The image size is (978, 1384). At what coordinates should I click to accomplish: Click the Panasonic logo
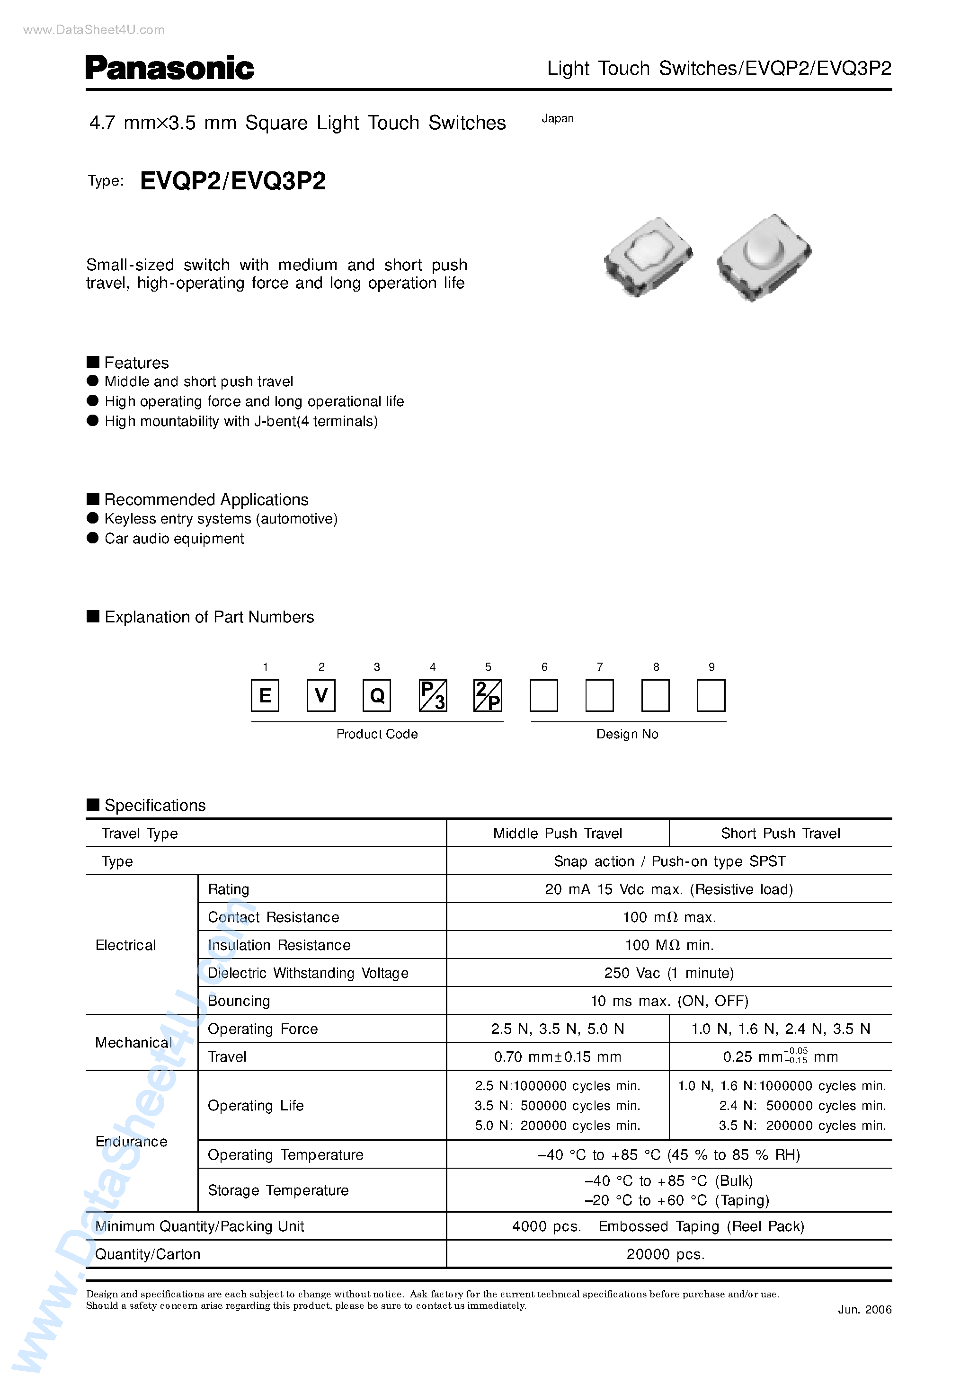pyautogui.click(x=169, y=68)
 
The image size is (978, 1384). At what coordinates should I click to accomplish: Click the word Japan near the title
pyautogui.click(x=557, y=119)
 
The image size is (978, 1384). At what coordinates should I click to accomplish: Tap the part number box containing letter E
pyautogui.click(x=265, y=696)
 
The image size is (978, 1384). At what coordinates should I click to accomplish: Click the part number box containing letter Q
pyautogui.click(x=377, y=696)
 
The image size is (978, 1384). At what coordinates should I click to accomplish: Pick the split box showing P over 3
pyautogui.click(x=432, y=696)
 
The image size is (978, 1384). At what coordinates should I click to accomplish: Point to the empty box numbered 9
pyautogui.click(x=711, y=696)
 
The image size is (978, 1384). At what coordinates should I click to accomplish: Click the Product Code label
pyautogui.click(x=377, y=734)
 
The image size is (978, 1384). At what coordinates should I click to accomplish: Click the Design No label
pyautogui.click(x=627, y=734)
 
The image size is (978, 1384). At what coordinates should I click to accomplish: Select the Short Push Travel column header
pyautogui.click(x=780, y=834)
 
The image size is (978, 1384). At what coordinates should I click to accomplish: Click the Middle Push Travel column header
pyautogui.click(x=557, y=834)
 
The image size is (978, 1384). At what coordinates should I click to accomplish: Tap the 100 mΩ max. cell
pyautogui.click(x=669, y=917)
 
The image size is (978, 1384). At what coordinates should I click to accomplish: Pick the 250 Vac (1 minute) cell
pyautogui.click(x=669, y=974)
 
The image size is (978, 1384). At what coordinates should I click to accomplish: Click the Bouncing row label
pyautogui.click(x=239, y=1001)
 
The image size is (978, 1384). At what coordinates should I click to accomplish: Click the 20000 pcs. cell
pyautogui.click(x=665, y=1254)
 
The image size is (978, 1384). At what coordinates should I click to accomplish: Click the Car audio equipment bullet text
pyautogui.click(x=174, y=539)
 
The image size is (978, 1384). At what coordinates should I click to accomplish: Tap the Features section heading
pyautogui.click(x=136, y=363)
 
